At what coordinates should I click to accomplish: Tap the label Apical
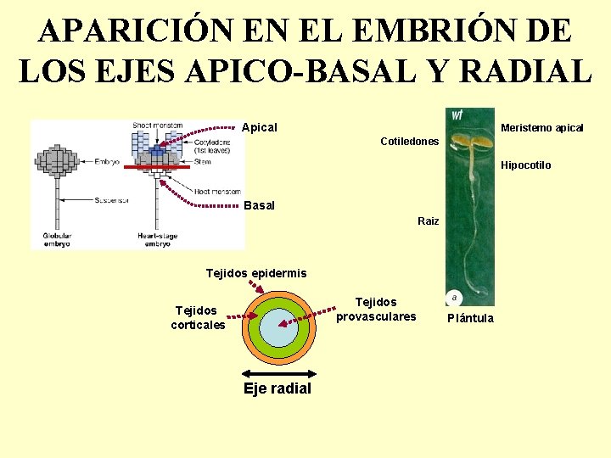[260, 127]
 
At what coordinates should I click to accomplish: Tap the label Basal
[259, 205]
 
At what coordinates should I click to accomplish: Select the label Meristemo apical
[542, 128]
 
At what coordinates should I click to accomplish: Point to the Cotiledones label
[410, 142]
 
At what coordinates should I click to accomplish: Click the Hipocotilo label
[526, 165]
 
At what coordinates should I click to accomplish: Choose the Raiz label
[429, 221]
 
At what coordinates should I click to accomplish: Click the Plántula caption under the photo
[470, 318]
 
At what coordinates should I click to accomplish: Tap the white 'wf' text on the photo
[457, 114]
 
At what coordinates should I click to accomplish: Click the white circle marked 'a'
[455, 298]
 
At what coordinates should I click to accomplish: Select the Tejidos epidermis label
[256, 273]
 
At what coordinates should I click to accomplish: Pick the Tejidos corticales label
[198, 318]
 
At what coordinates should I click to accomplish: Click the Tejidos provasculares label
[376, 309]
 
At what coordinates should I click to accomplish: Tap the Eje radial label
[277, 388]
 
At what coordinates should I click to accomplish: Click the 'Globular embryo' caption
[59, 238]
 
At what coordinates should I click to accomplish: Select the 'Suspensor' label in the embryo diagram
[111, 201]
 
